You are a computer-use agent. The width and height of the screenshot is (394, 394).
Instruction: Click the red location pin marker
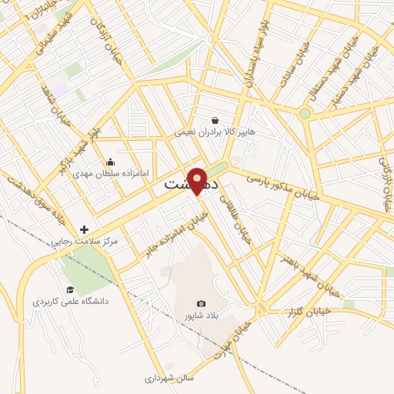197,179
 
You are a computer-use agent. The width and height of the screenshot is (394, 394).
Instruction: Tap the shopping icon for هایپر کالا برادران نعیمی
215,121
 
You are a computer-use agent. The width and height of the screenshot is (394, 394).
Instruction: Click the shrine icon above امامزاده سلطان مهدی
110,162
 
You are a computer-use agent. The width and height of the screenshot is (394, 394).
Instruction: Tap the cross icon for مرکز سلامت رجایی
84,229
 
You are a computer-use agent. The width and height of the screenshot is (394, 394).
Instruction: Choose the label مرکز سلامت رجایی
84,242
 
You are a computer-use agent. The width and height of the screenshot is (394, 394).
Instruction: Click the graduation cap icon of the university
70,289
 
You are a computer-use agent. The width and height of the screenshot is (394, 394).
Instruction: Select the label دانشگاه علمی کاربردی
71,301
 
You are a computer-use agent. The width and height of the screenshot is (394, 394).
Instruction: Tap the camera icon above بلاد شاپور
202,304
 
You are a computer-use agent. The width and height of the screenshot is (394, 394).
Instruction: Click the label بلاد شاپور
201,316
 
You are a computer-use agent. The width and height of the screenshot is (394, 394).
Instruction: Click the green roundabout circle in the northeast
306,113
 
